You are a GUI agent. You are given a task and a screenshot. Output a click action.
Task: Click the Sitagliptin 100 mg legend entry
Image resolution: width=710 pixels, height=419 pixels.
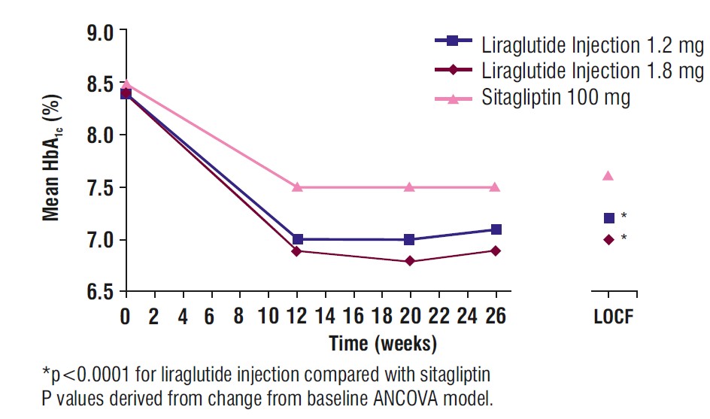(555, 98)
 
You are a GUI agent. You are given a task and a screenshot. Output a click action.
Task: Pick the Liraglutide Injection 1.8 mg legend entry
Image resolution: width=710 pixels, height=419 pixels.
(593, 71)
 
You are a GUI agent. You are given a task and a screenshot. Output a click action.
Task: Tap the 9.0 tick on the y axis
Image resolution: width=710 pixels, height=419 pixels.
(100, 32)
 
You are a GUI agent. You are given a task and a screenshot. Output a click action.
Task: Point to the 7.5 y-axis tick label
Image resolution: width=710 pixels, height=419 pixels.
(100, 188)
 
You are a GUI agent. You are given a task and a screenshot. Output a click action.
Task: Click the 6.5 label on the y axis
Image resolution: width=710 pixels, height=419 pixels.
(100, 292)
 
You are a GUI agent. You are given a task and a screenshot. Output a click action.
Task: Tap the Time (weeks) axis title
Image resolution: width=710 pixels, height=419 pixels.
(383, 344)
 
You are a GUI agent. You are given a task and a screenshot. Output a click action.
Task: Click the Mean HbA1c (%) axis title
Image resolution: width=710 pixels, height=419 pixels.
(51, 162)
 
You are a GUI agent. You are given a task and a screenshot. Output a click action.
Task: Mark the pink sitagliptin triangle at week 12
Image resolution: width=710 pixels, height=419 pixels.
(297, 187)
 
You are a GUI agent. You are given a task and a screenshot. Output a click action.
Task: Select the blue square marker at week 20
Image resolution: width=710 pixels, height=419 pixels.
(409, 239)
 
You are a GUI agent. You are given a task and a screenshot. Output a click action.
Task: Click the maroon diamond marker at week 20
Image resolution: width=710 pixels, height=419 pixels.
(409, 261)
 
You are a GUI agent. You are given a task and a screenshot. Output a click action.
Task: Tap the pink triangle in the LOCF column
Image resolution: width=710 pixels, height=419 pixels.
(608, 175)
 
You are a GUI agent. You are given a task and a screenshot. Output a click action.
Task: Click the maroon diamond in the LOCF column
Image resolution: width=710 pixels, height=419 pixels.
(608, 239)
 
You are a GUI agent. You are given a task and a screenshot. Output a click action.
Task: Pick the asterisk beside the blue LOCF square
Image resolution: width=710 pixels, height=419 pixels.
(624, 217)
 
